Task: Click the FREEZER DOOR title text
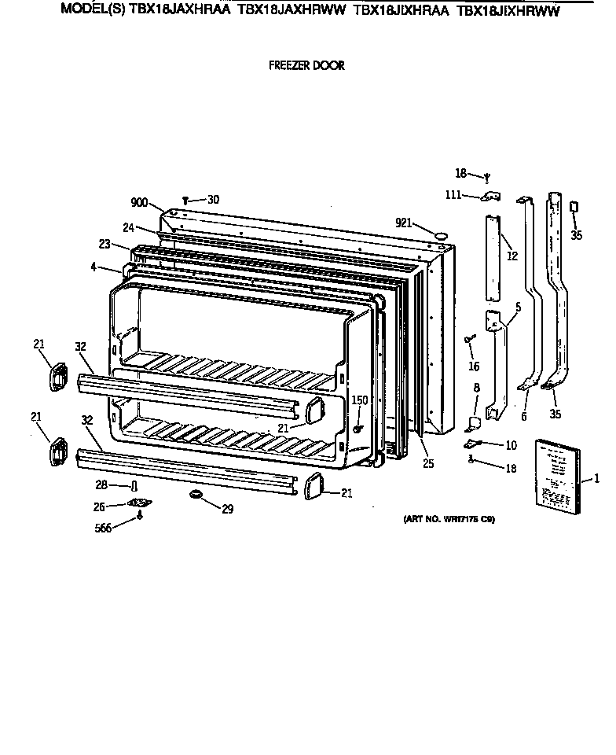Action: tap(306, 66)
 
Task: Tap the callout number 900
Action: tap(139, 203)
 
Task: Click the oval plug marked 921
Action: tap(441, 234)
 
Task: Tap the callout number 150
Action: tap(359, 400)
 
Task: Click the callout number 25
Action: tap(427, 463)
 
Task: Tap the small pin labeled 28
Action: tap(134, 485)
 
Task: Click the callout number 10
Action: tap(511, 445)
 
